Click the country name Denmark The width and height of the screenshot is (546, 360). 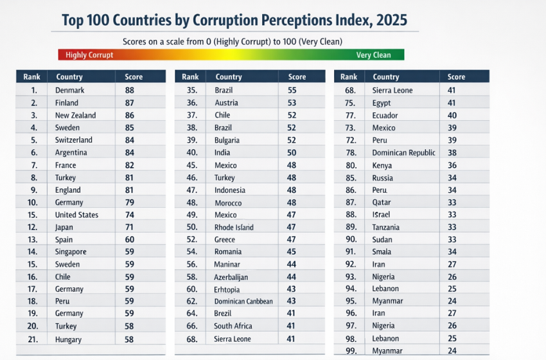69,91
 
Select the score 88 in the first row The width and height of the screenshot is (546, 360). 130,91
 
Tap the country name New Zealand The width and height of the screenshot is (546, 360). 75,116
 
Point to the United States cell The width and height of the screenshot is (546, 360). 76,215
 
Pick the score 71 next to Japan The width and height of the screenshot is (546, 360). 130,228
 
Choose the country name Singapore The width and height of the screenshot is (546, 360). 71,252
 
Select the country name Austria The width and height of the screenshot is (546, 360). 226,103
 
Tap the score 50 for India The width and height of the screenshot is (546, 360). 292,153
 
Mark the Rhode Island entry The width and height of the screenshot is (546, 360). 234,228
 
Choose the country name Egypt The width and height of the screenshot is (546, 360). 382,103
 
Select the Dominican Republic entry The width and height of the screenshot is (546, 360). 403,153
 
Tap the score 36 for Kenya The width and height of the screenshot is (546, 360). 452,165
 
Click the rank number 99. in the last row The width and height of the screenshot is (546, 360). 351,351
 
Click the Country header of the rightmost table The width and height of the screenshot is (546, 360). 386,77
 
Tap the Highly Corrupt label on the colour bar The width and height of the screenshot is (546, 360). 89,55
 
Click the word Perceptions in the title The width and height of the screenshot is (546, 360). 281,20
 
